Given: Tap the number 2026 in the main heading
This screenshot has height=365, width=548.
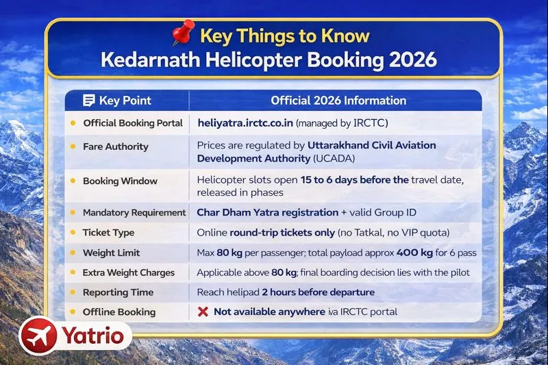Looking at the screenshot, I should pyautogui.click(x=408, y=59).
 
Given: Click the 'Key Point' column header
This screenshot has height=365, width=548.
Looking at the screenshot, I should pyautogui.click(x=125, y=101).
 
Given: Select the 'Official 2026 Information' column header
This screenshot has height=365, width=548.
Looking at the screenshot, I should pyautogui.click(x=338, y=101).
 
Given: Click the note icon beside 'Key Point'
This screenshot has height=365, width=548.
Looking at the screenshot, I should pyautogui.click(x=88, y=101).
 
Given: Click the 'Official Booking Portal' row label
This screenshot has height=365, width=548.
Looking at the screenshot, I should pyautogui.click(x=133, y=123).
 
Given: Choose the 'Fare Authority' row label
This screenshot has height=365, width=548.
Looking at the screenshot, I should pyautogui.click(x=115, y=147).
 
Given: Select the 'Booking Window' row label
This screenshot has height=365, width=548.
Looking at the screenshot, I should pyautogui.click(x=120, y=181).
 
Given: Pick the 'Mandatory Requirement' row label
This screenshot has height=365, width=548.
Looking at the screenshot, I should pyautogui.click(x=134, y=213).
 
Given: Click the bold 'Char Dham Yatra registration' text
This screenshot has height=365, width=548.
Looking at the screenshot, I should pyautogui.click(x=267, y=212).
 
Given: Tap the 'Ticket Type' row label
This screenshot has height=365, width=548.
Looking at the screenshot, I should pyautogui.click(x=108, y=233).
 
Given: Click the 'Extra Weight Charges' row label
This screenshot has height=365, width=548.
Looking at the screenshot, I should pyautogui.click(x=129, y=273).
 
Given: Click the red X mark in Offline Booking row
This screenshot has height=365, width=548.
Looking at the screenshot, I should pyautogui.click(x=202, y=312).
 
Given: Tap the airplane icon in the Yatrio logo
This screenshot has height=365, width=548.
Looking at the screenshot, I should pyautogui.click(x=39, y=336).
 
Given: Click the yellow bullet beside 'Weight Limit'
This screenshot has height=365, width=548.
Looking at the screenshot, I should pyautogui.click(x=73, y=253).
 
